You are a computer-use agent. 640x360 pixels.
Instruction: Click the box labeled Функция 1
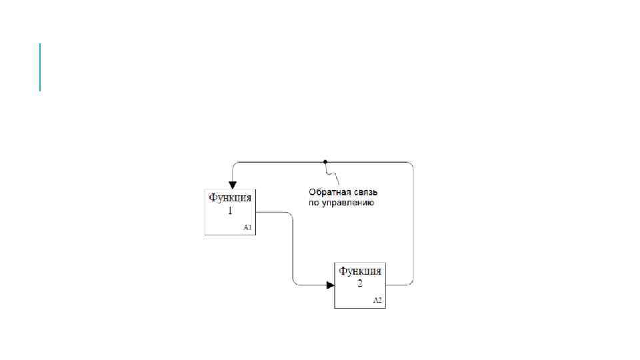pyautogui.click(x=230, y=212)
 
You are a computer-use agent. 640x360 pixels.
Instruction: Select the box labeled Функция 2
pyautogui.click(x=360, y=285)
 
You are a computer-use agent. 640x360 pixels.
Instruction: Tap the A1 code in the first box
pyautogui.click(x=247, y=227)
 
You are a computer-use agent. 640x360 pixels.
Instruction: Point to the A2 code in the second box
pyautogui.click(x=377, y=301)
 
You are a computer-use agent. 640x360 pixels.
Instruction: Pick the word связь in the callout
pyautogui.click(x=360, y=191)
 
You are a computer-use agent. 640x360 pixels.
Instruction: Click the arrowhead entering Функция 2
pyautogui.click(x=331, y=285)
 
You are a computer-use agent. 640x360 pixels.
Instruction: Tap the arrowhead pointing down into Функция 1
pyautogui.click(x=231, y=184)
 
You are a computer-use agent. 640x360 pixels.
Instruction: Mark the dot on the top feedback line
pyautogui.click(x=325, y=162)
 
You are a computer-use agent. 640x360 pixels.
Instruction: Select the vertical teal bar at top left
pyautogui.click(x=40, y=67)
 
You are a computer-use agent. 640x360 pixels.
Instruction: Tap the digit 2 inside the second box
pyautogui.click(x=360, y=283)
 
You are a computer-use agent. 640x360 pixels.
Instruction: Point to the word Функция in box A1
pyautogui.click(x=230, y=198)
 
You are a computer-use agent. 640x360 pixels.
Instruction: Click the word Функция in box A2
pyautogui.click(x=360, y=271)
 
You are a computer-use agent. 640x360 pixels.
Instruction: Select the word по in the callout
pyautogui.click(x=313, y=202)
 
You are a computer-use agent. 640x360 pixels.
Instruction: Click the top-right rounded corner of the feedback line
pyautogui.click(x=411, y=164)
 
